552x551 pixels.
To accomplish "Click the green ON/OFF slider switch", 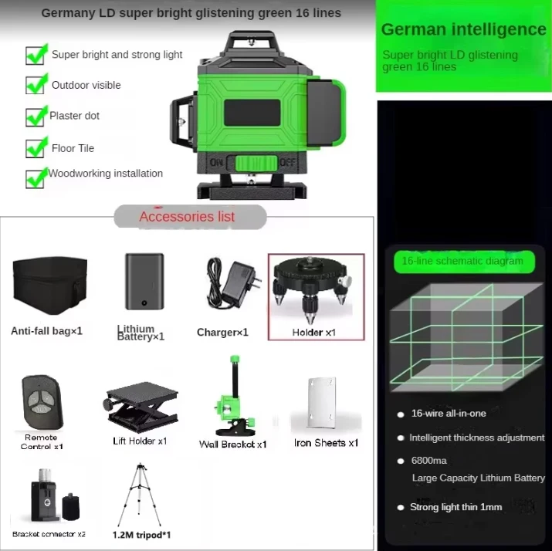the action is [x=256, y=164].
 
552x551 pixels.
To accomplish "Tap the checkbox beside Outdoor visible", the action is [x=36, y=84].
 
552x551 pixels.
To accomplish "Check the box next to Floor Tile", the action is [x=36, y=147].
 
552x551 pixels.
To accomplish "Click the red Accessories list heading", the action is [x=187, y=216].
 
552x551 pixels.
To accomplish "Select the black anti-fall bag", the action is [x=49, y=286].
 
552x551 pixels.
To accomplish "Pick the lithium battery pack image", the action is [x=144, y=282].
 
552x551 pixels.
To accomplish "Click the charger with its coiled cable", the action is [x=233, y=283].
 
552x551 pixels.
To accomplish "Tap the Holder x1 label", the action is [x=313, y=332].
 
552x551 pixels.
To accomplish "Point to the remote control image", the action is [x=42, y=401].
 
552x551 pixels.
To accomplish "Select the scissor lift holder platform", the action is [x=141, y=407].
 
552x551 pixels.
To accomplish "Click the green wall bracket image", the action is [x=235, y=396].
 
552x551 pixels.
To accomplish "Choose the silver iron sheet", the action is [x=322, y=402].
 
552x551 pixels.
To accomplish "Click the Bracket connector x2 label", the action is [x=49, y=534].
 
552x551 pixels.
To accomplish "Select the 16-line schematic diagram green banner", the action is [x=464, y=261].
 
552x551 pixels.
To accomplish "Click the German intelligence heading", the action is [x=464, y=29].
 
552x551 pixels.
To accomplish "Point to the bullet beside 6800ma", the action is [x=400, y=461].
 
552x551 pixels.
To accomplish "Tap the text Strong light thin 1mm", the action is [x=456, y=507].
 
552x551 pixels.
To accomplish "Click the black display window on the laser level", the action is [x=252, y=113].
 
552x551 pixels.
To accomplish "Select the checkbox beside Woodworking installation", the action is [x=36, y=178].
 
